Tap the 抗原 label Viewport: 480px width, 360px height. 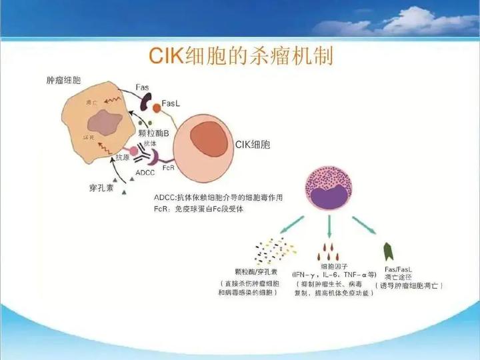tap(123, 157)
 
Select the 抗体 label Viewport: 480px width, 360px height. tap(150, 143)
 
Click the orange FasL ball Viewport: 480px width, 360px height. tap(157, 107)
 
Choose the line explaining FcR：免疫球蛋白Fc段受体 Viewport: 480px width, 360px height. tap(199, 208)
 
